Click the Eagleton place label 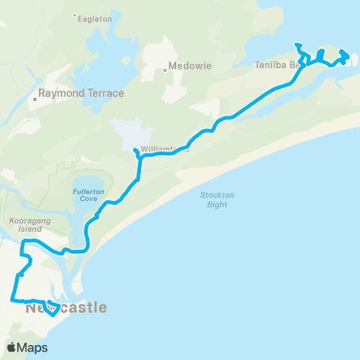pyautogui.click(x=95, y=18)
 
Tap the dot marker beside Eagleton pyautogui.click(x=74, y=15)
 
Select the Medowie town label pyautogui.click(x=191, y=66)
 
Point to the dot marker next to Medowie pyautogui.click(x=165, y=70)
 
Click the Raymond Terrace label pyautogui.click(x=82, y=94)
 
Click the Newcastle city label pyautogui.click(x=66, y=307)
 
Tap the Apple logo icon pyautogui.click(x=13, y=347)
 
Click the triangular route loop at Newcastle pyautogui.click(x=52, y=309)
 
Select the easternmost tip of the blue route pyautogui.click(x=348, y=55)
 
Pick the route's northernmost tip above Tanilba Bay pyautogui.click(x=297, y=44)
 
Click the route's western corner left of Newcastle pyautogui.click(x=11, y=299)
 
